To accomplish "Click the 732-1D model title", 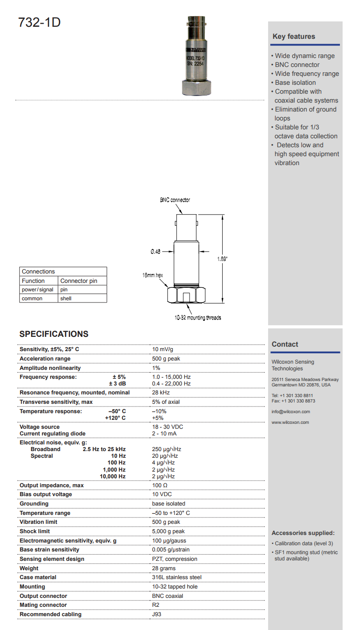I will coord(39,22).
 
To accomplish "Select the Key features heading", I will coord(294,37).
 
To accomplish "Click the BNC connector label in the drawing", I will coord(175,200).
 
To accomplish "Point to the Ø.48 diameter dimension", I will coord(155,252).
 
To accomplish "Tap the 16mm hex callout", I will coord(153,275).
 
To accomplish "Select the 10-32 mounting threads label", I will coord(198,318).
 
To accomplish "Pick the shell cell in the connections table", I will coord(66,298).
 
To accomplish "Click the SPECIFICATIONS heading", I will coord(54,334).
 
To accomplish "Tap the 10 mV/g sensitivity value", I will coord(163,349).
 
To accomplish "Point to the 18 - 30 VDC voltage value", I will coord(168,427).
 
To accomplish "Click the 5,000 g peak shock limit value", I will coord(168,531).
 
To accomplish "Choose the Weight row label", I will coord(29,568).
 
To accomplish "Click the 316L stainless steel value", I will coord(174,577).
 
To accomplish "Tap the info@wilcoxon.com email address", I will coord(290,412).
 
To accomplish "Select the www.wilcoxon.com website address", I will coord(290,422).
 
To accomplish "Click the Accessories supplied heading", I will coord(303,533).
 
